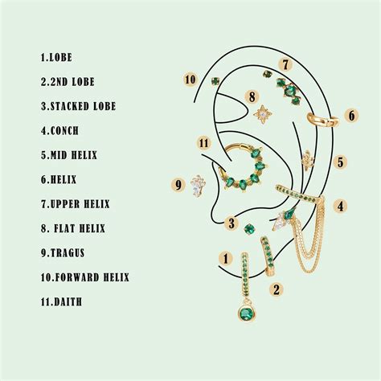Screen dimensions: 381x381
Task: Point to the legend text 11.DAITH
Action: click(x=62, y=302)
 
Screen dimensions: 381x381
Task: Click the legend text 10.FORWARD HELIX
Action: click(x=84, y=277)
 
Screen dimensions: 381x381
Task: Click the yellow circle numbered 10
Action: click(x=190, y=79)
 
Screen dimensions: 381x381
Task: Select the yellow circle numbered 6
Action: click(x=351, y=115)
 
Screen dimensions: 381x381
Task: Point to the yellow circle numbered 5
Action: click(x=341, y=162)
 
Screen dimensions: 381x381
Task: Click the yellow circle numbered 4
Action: click(x=342, y=207)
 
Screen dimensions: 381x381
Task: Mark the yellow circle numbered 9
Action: click(x=178, y=184)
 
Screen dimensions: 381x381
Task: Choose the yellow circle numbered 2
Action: click(x=275, y=289)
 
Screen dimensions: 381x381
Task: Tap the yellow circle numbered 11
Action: click(x=204, y=143)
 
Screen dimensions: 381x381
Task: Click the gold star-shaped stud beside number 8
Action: click(x=262, y=115)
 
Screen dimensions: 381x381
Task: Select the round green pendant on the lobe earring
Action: click(x=244, y=312)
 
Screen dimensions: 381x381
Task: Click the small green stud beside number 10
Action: click(x=215, y=80)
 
